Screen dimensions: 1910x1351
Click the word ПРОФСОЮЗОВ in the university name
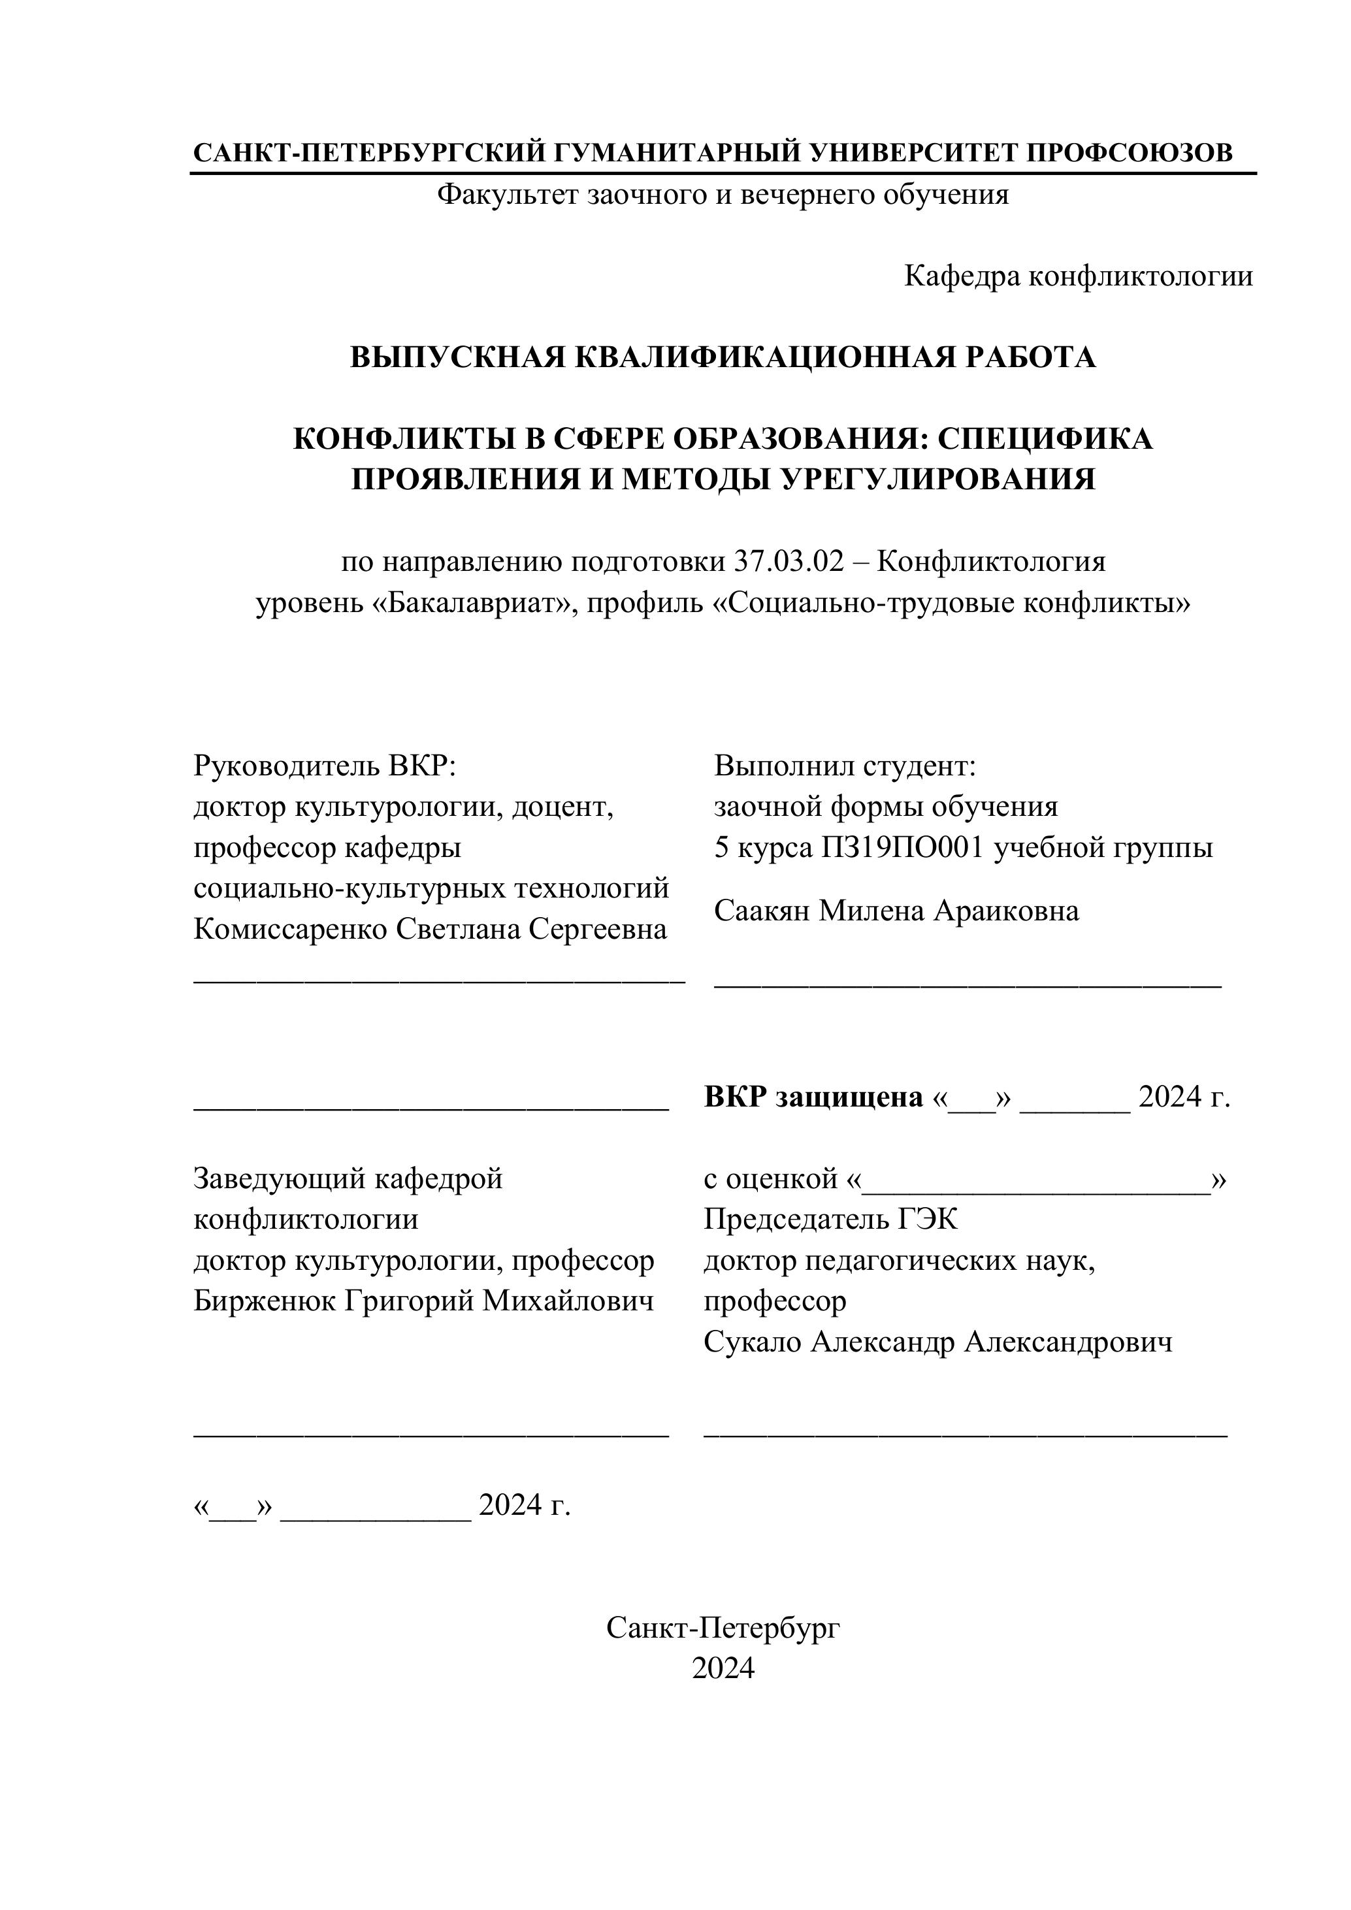(x=1129, y=153)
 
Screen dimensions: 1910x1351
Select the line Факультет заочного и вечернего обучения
(x=722, y=195)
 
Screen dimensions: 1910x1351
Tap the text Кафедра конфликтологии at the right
(x=1078, y=276)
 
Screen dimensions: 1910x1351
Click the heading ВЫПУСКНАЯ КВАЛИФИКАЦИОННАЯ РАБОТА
(x=722, y=357)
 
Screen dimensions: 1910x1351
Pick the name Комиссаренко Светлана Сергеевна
(x=430, y=930)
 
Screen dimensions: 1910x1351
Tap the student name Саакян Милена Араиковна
(x=896, y=911)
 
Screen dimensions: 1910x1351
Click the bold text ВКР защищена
(x=813, y=1097)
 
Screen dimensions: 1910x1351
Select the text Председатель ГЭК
(x=830, y=1220)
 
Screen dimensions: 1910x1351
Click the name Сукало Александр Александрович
(x=937, y=1342)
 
